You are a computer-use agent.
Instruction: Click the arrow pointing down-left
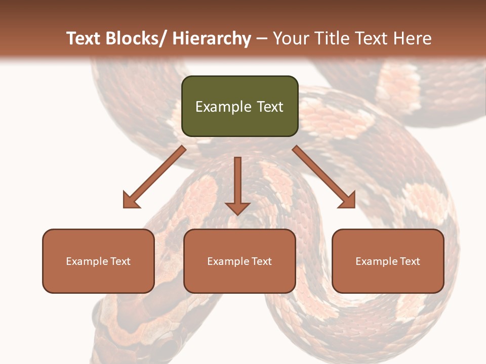pos(155,177)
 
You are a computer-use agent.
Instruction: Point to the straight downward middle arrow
pos(237,185)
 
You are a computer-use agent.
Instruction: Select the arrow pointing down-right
pos(324,177)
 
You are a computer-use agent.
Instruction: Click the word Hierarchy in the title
pos(212,38)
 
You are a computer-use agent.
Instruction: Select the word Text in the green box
pos(269,107)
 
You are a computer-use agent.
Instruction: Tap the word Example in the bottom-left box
pos(85,261)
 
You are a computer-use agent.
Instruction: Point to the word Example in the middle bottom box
pos(226,261)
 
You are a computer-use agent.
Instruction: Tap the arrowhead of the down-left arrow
pos(131,200)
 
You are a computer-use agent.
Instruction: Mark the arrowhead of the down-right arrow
pos(348,200)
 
